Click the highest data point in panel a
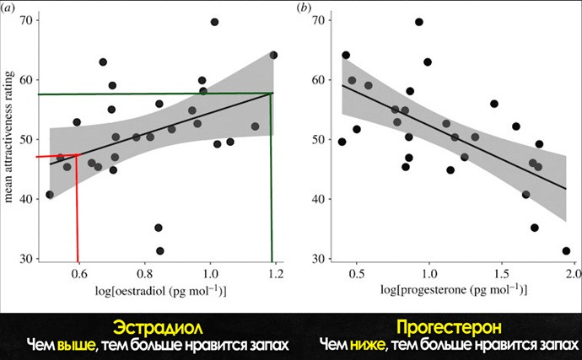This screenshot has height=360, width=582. pyautogui.click(x=214, y=22)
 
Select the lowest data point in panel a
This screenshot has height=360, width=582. pyautogui.click(x=160, y=251)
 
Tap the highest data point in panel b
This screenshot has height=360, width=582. pyautogui.click(x=419, y=22)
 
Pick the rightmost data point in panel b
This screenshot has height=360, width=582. pyautogui.click(x=566, y=251)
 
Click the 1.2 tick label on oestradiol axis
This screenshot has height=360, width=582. pyautogui.click(x=276, y=274)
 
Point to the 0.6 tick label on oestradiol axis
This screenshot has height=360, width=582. pyautogui.click(x=78, y=274)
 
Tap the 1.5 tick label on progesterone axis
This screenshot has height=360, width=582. pyautogui.click(x=502, y=274)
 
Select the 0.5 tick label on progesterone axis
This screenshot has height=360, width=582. pyautogui.click(x=356, y=274)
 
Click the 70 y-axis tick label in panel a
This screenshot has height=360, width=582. pyautogui.click(x=25, y=20)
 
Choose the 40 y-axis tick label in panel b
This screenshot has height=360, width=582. pyautogui.click(x=317, y=199)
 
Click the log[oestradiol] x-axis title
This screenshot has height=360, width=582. pyautogui.click(x=161, y=291)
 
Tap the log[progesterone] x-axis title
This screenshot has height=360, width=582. pyautogui.click(x=454, y=290)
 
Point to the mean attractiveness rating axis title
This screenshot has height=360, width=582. pyautogui.click(x=8, y=137)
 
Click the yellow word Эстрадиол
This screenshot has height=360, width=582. pyautogui.click(x=158, y=328)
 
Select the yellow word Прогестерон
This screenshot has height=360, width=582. pyautogui.click(x=449, y=327)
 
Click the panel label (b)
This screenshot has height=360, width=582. pyautogui.click(x=304, y=8)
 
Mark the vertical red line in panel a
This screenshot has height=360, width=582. pyautogui.click(x=77, y=208)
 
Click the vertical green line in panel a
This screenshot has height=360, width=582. pyautogui.click(x=271, y=178)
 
